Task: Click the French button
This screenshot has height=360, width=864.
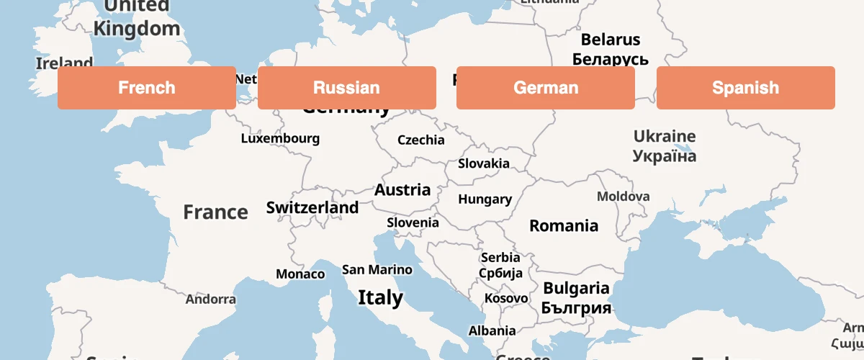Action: [147, 88]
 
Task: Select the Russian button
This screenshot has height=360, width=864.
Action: [346, 88]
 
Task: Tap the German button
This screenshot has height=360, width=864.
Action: [546, 88]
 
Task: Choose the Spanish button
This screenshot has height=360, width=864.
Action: [745, 88]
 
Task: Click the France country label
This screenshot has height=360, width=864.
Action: [215, 212]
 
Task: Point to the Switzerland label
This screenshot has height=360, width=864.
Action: [312, 208]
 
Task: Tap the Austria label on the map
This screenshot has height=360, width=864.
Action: [402, 190]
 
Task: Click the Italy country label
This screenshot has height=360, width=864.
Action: [380, 297]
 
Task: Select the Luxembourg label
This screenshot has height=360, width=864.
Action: [280, 139]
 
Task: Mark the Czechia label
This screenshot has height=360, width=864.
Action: [420, 140]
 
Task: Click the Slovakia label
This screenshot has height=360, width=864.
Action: [484, 163]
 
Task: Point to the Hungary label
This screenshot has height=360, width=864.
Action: [485, 199]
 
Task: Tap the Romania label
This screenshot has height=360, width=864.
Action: [564, 226]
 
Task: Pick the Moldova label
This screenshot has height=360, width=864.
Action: [623, 197]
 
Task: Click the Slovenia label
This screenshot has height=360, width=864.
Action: [413, 222]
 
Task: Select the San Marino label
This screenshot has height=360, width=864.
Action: [377, 270]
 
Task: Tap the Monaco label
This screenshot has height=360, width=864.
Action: [300, 274]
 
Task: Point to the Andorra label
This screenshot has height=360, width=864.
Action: [210, 300]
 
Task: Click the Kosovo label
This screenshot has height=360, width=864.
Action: [505, 298]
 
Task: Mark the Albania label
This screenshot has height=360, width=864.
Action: [492, 331]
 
